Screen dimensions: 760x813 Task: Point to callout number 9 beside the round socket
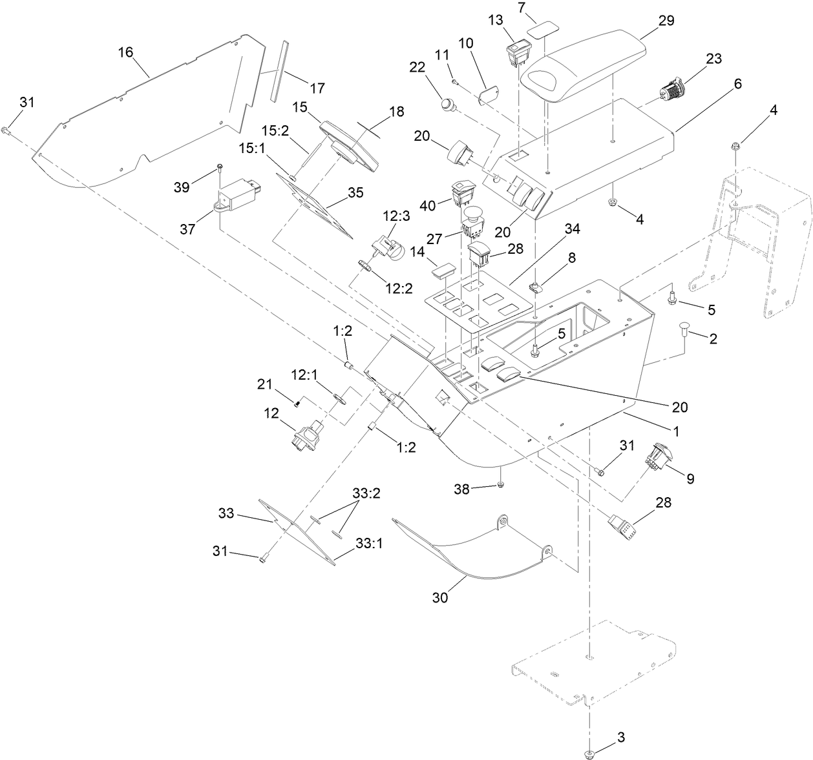pos(690,479)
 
